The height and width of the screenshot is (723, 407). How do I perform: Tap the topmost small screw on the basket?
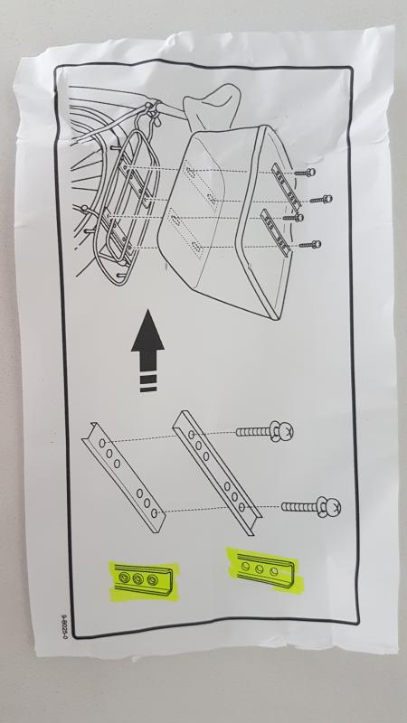click(x=308, y=172)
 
